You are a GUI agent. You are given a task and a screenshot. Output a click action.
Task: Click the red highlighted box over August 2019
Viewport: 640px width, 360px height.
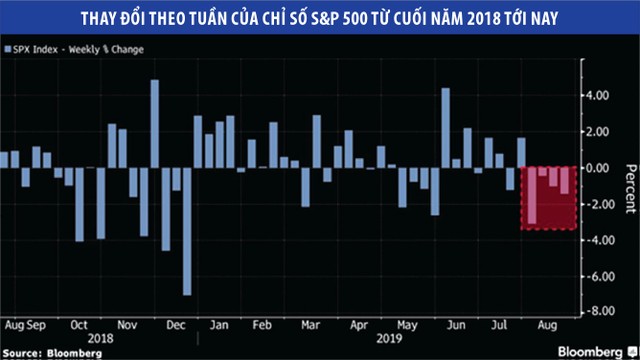pos(549,198)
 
